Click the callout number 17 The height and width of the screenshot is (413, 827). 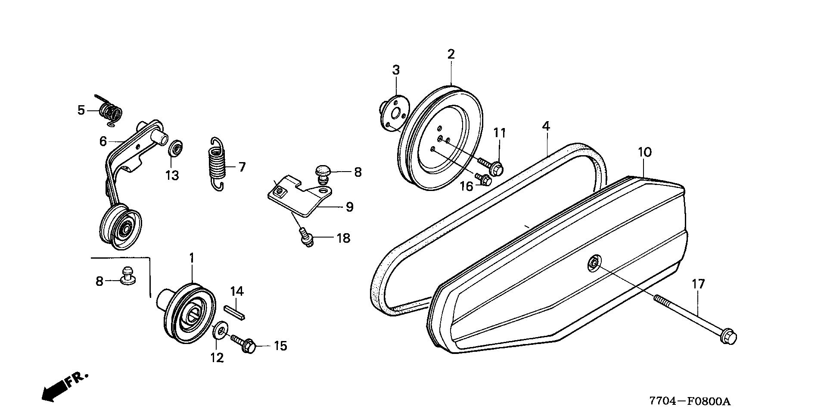click(698, 284)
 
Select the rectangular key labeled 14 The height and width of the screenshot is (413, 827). click(235, 311)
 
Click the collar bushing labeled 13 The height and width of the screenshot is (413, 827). click(175, 148)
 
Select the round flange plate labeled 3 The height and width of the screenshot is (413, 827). click(393, 113)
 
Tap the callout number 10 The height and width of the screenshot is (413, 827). click(645, 152)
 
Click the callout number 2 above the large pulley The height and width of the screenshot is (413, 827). click(451, 54)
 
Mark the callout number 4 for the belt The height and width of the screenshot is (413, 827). click(546, 126)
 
